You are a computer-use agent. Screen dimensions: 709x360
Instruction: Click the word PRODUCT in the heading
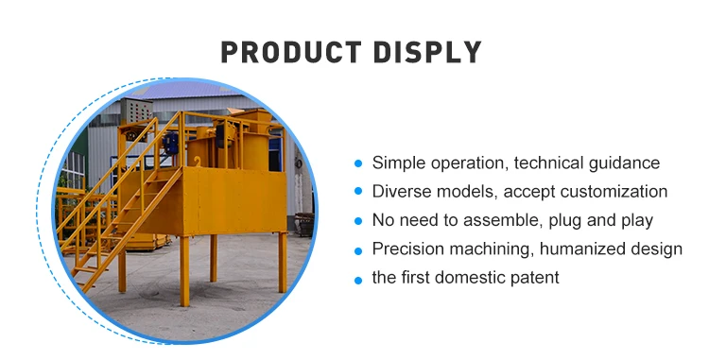291,52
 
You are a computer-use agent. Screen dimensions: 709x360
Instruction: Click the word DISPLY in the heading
427,52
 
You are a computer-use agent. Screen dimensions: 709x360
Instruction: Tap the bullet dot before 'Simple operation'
358,163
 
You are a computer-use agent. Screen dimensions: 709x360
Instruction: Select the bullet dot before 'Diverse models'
358,192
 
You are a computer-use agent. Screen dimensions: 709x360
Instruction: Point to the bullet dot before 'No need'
358,221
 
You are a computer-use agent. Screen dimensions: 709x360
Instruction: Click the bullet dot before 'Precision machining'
358,250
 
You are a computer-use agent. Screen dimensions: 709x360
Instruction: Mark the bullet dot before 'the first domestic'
358,281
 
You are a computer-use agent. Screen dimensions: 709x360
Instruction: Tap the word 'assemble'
500,220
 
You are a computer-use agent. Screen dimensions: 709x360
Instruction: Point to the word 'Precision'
406,249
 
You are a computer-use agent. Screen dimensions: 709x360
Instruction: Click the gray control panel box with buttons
136,111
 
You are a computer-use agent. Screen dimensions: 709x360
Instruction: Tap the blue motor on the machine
170,144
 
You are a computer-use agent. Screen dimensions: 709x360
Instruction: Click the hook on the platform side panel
197,162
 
